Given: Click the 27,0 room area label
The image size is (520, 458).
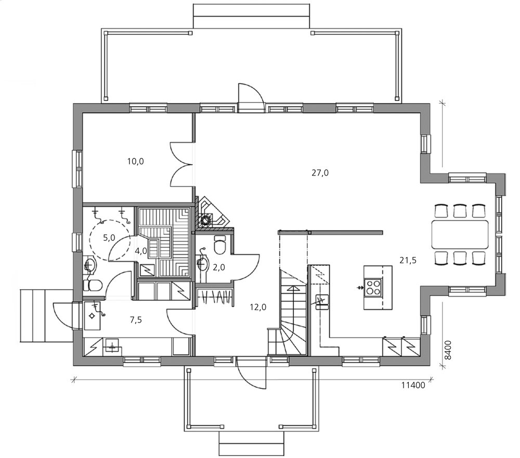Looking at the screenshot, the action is point(320,173).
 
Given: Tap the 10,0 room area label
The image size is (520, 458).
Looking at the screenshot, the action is point(135,161).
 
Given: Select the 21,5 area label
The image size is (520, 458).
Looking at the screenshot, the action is point(408,260).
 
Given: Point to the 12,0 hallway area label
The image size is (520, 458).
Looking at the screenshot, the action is point(258,307).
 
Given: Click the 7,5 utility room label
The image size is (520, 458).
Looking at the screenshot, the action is point(136,320).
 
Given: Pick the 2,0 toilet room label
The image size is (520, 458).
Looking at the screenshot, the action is point(218,267).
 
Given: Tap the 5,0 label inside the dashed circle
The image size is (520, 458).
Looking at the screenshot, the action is point(109,238).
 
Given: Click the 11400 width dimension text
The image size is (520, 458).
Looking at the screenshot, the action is point(413,385).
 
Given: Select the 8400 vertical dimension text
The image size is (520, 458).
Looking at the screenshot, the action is point(448,349).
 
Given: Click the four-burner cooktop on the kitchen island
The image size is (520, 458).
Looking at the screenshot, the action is point(373,287).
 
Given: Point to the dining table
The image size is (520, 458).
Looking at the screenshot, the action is point(460,235).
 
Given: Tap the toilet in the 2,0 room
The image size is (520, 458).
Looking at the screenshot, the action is point(220,245).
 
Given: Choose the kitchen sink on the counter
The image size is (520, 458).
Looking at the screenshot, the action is point(321,301).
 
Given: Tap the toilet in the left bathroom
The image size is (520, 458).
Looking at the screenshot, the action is point(94,285).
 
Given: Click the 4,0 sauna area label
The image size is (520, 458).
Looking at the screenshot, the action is point(140,251).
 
